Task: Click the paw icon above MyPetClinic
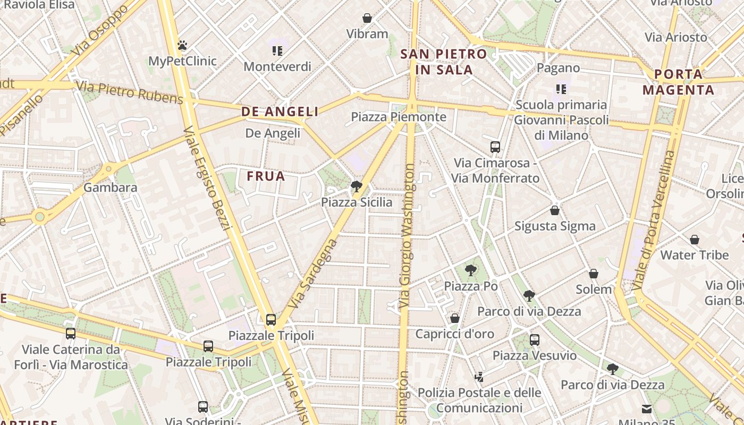(182, 45)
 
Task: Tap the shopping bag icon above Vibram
(367, 19)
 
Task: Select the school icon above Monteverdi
(277, 51)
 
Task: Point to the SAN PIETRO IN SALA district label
(444, 62)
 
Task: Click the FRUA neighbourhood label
(266, 176)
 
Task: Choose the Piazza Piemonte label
(399, 117)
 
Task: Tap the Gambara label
(111, 188)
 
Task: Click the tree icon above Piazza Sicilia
(357, 186)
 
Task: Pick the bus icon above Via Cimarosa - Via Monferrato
(495, 147)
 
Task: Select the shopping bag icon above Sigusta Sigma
(555, 211)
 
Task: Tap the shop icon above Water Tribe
(694, 240)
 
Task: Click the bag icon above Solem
(594, 274)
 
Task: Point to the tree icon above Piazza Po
(470, 270)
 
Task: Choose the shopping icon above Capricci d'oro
(455, 318)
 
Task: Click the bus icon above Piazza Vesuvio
(535, 340)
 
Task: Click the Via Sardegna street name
(315, 274)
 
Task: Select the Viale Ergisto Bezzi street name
(208, 178)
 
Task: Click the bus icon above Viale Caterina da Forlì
(71, 334)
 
